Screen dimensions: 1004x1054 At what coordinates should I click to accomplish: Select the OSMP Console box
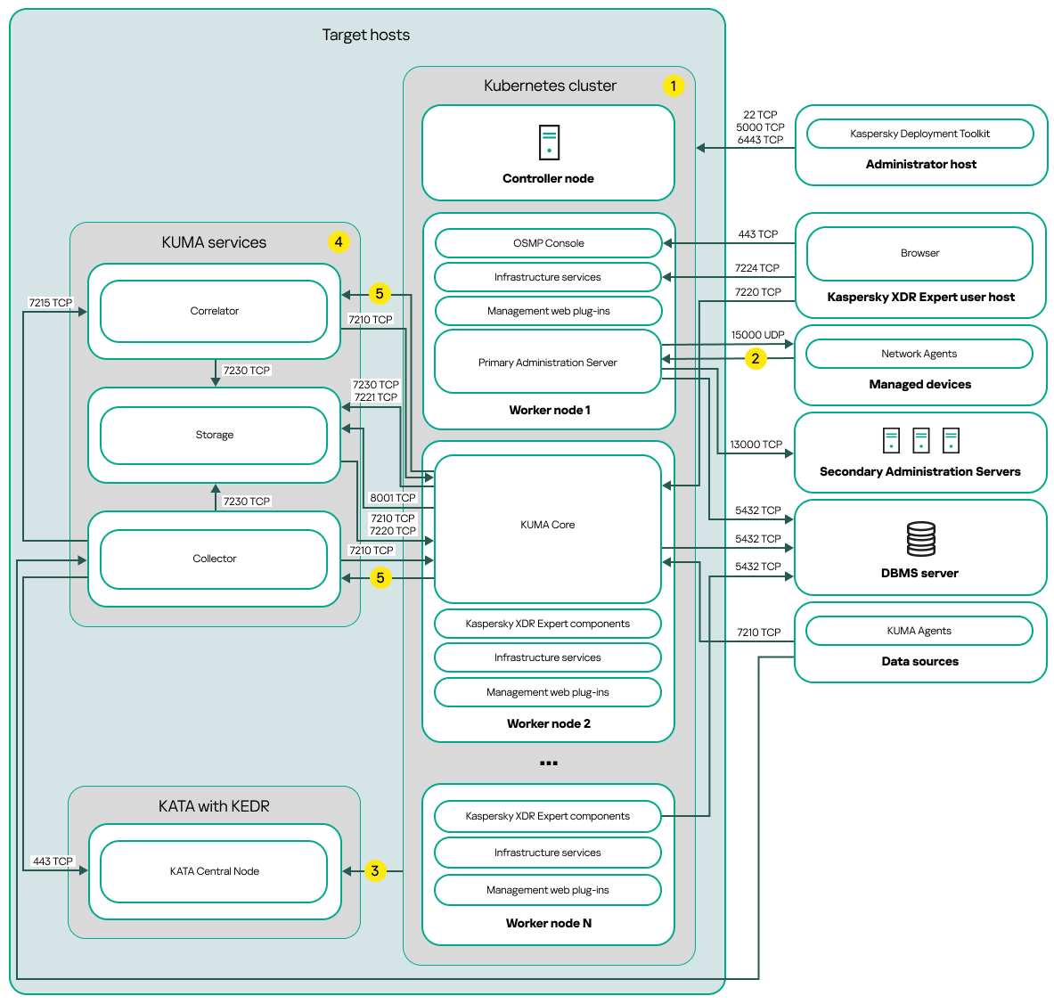548,243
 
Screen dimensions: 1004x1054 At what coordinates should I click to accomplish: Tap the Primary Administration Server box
547,363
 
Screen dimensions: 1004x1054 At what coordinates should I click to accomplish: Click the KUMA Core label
547,525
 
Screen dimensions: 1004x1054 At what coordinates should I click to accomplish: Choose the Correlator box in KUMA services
214,311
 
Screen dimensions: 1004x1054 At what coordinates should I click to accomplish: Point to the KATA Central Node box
214,871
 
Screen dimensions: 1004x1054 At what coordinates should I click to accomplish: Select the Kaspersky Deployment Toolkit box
919,134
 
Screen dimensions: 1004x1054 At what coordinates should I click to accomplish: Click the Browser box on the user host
919,253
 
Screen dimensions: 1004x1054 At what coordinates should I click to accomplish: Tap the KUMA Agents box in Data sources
919,631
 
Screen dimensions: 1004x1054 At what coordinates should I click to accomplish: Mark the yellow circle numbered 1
674,86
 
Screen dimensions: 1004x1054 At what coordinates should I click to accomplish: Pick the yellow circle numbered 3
375,870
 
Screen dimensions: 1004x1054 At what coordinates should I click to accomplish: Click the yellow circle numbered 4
339,241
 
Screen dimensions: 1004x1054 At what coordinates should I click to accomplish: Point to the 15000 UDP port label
757,335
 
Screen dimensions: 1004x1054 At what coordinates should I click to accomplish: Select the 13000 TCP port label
756,445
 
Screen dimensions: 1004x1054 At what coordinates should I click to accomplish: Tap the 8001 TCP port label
393,498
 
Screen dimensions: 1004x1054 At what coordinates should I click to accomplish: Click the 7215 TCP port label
51,303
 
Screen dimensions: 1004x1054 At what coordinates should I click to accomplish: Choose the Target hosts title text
366,35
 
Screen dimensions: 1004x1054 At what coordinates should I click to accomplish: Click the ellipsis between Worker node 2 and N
549,763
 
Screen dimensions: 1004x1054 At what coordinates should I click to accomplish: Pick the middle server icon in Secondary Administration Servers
921,440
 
